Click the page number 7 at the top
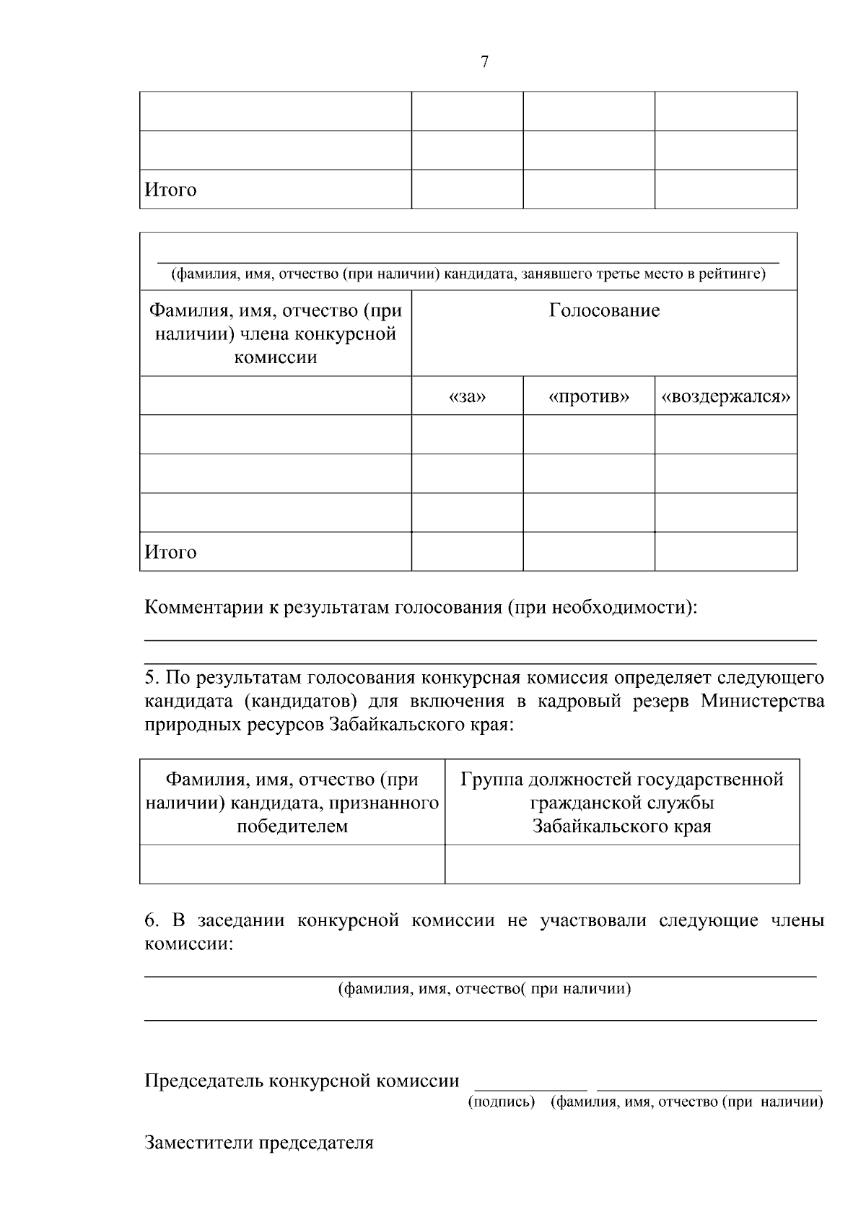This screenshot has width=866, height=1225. pos(484,62)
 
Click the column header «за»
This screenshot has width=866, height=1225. pos(467,397)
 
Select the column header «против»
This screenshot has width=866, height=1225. pos(589,397)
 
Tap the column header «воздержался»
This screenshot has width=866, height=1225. pos(726,397)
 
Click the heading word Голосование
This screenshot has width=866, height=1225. pos(604,311)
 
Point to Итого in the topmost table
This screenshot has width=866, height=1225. pos(171,190)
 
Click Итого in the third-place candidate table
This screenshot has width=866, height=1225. pos(171,552)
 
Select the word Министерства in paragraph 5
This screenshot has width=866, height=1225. pos(762,701)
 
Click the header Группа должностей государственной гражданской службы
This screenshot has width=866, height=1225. pos(622,802)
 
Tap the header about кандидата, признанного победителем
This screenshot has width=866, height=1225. pos(292,802)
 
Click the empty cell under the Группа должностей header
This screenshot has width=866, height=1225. pos(622,864)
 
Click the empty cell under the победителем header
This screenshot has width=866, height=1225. pos(292,864)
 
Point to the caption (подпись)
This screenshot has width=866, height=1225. pos(502,1102)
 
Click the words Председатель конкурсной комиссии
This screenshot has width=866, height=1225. pos(302,1081)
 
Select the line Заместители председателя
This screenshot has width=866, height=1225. pos(259,1143)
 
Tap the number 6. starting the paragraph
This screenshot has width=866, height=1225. pos(152,921)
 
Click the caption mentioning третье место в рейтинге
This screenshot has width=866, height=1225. pos(468,274)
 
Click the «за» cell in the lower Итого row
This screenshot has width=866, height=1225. pos(467,552)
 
